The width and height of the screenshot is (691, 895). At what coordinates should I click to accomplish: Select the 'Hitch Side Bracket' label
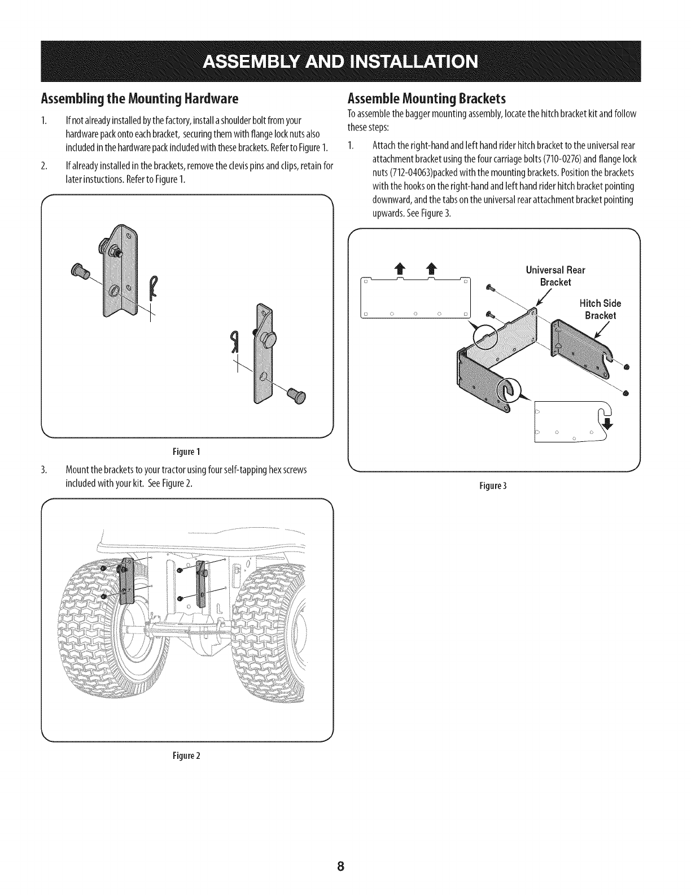600,309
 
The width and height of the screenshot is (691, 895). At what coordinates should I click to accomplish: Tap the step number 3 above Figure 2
43,471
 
